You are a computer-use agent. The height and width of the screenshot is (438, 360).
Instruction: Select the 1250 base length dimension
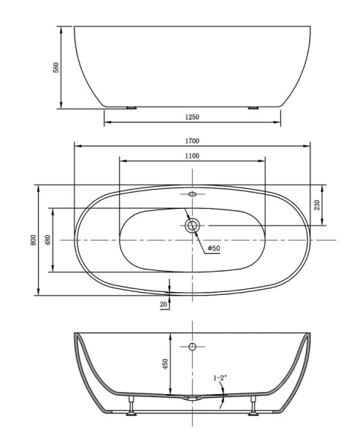(193, 117)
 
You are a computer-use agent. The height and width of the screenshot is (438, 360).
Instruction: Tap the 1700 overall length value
(193, 141)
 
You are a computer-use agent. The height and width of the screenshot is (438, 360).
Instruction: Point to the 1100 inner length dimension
(193, 155)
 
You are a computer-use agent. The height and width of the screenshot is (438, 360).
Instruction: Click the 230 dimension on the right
(317, 205)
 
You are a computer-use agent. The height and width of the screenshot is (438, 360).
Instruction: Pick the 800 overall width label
(33, 240)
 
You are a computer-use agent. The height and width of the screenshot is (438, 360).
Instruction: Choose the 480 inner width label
(47, 240)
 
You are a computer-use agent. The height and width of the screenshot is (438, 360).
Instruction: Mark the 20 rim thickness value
(163, 304)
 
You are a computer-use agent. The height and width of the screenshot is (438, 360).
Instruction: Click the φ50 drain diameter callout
(214, 249)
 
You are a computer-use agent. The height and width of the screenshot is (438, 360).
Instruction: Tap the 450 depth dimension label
(166, 363)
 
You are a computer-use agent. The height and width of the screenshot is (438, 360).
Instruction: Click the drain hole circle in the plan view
(193, 226)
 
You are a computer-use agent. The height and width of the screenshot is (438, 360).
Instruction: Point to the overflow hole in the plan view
(193, 195)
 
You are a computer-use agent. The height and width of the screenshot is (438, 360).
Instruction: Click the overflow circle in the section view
(193, 345)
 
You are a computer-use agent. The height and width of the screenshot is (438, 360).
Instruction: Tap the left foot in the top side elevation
(131, 108)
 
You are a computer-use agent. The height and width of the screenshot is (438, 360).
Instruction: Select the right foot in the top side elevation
(253, 108)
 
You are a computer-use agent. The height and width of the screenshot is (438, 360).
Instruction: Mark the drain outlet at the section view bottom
(193, 399)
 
